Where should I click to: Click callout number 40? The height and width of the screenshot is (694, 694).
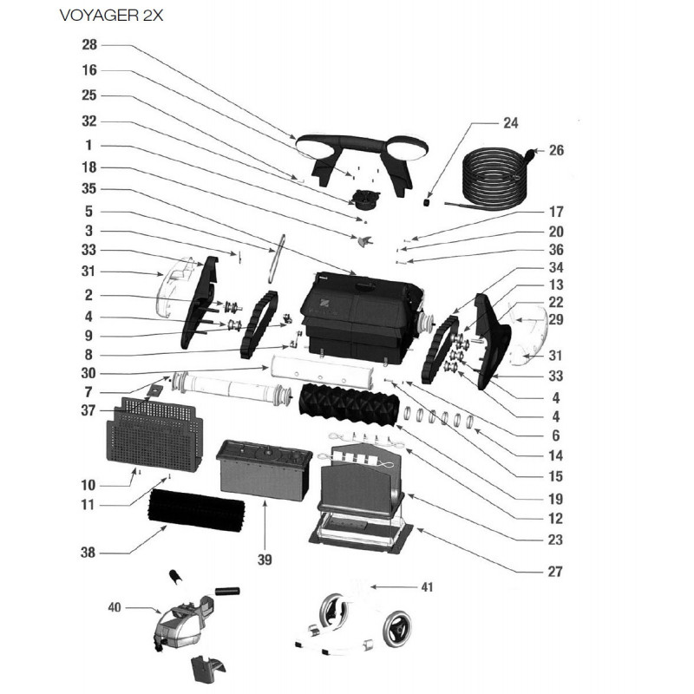(114, 607)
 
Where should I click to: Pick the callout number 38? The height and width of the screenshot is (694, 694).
(88, 553)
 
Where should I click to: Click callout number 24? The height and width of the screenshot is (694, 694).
(510, 122)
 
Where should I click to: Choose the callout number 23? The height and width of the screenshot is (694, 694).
(555, 540)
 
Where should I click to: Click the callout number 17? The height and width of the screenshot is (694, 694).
(555, 211)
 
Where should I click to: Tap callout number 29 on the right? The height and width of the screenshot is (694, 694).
(555, 320)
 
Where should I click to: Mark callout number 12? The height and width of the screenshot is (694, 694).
(555, 519)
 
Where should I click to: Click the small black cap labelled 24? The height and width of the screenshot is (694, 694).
(429, 201)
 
